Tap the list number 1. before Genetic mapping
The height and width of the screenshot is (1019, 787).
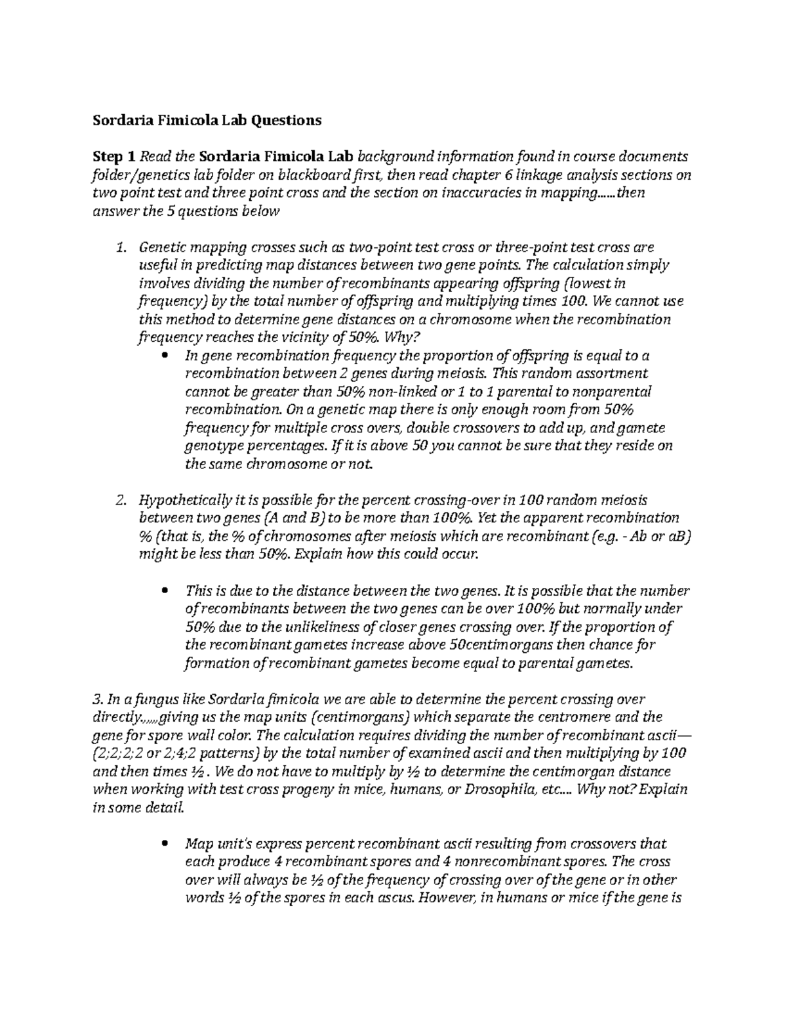[x=120, y=247]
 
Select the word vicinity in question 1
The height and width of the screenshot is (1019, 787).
[x=306, y=338]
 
